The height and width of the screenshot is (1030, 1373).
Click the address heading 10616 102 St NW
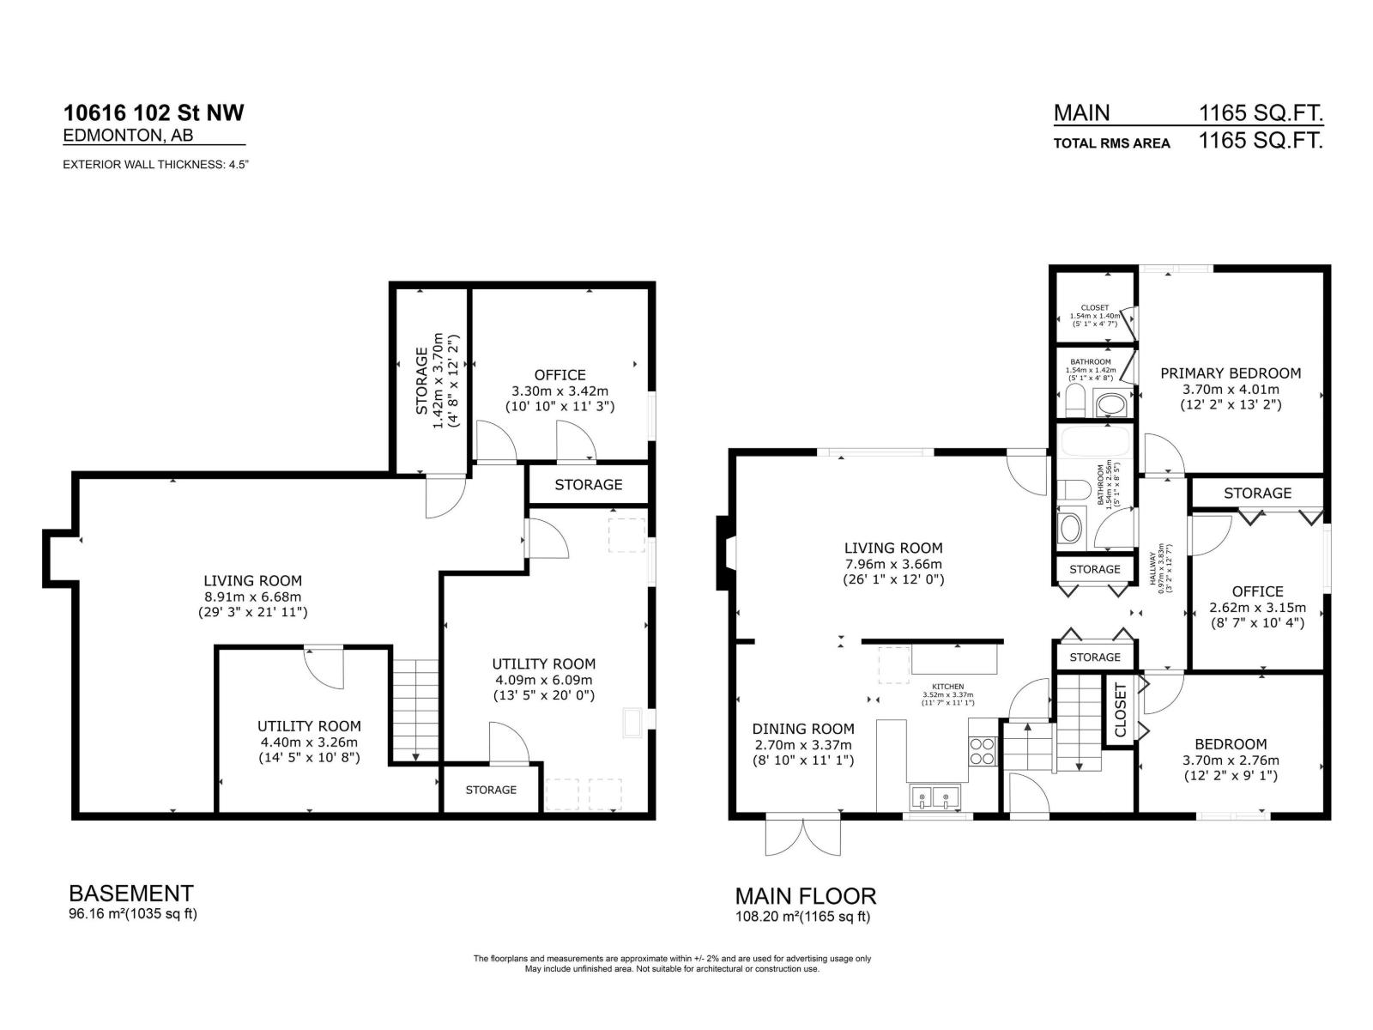pos(154,112)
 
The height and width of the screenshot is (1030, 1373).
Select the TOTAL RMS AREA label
pos(1111,143)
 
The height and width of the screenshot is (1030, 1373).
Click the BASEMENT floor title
pos(130,893)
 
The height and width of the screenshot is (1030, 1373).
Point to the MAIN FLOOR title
pos(805,896)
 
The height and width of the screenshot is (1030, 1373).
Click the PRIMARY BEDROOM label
pos(1231,373)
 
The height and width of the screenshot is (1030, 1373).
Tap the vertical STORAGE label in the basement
pos(421,380)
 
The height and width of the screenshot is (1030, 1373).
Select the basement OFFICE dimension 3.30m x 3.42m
pos(559,391)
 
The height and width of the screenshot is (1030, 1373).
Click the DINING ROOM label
pos(803,729)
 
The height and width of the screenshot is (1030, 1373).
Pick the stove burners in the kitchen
pos(982,751)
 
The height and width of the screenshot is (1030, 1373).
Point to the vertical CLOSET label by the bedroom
pos(1119,710)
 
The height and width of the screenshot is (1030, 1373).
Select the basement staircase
pos(416,710)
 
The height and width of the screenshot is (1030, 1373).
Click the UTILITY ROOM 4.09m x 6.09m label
pos(543,663)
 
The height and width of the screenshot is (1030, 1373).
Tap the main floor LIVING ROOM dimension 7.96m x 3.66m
pos(892,564)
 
